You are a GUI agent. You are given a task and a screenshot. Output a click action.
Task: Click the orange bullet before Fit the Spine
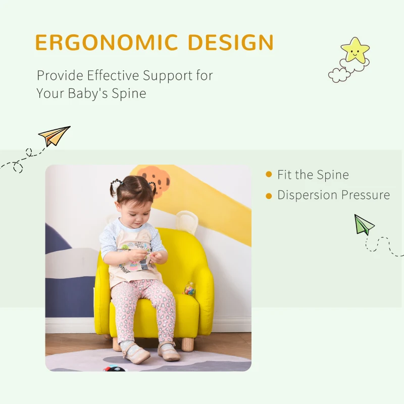[x=269, y=175]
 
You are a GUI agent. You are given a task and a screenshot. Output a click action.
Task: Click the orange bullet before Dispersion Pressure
[x=269, y=195]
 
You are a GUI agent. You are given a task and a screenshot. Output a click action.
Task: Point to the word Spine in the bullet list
[x=332, y=175]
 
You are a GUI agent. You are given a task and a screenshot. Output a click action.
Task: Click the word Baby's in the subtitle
[x=85, y=93]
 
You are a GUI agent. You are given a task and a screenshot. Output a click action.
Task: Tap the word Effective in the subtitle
[x=114, y=76]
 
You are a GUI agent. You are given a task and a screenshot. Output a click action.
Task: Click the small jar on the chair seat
[x=189, y=289]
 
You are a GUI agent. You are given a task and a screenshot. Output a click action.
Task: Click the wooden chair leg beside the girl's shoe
[x=187, y=344]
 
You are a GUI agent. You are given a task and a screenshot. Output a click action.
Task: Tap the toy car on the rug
[x=115, y=368]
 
